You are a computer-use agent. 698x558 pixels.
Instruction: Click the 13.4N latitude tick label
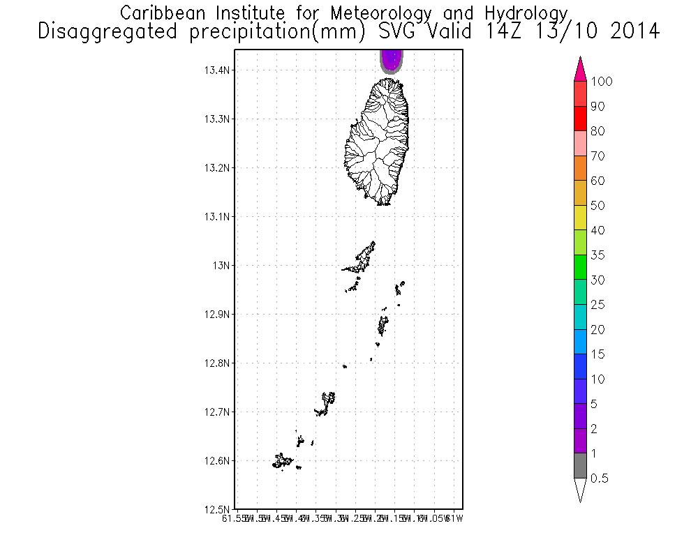[218, 70]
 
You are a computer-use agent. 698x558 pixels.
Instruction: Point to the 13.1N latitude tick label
[218, 217]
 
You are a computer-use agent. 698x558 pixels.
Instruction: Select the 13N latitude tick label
[222, 266]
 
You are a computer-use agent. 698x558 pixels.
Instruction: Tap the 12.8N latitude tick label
[218, 363]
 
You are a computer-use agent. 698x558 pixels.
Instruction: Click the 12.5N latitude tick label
[218, 509]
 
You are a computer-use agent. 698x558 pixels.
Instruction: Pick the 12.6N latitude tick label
[218, 460]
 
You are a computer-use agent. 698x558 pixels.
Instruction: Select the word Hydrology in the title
[523, 13]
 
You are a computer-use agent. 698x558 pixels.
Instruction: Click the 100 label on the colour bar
[601, 82]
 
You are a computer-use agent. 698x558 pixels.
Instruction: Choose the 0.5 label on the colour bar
[598, 478]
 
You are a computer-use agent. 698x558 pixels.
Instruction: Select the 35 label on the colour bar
[597, 255]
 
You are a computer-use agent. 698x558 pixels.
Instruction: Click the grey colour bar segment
[580, 466]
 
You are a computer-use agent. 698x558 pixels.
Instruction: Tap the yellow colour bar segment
[580, 218]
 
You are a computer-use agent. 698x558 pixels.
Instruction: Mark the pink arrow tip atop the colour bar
[580, 70]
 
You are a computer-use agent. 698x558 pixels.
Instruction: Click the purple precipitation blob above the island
[392, 59]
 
